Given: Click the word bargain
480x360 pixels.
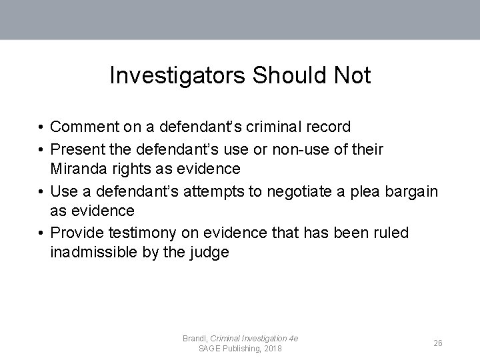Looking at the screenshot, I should [x=412, y=192].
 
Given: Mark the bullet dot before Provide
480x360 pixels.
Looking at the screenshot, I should [x=41, y=233].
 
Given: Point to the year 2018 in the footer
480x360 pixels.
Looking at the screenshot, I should [x=272, y=349].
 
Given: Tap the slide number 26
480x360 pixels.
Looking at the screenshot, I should [x=438, y=343].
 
